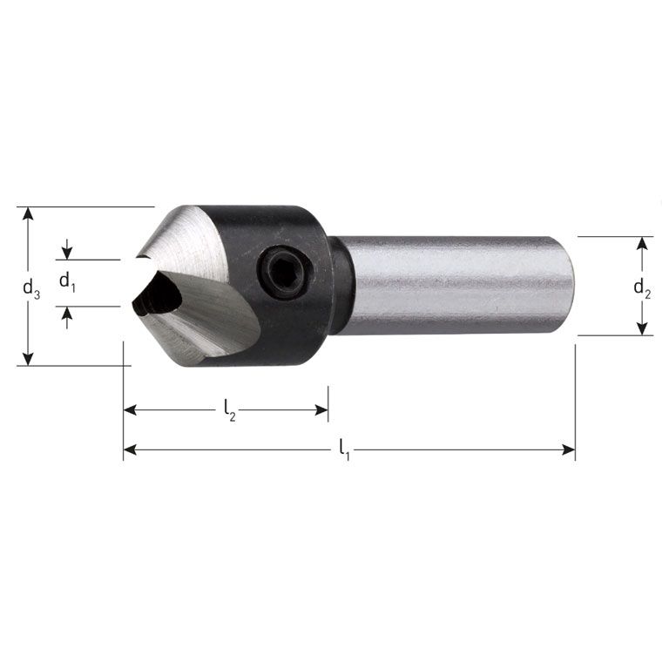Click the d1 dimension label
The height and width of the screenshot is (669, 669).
pyautogui.click(x=67, y=282)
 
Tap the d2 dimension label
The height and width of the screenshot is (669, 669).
pyautogui.click(x=642, y=288)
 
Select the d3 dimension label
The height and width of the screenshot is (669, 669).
pyautogui.click(x=31, y=289)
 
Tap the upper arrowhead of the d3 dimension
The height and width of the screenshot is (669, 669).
pyautogui.click(x=28, y=213)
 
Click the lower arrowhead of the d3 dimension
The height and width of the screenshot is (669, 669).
pyautogui.click(x=28, y=359)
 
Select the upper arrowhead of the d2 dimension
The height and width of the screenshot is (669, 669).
pyautogui.click(x=642, y=243)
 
